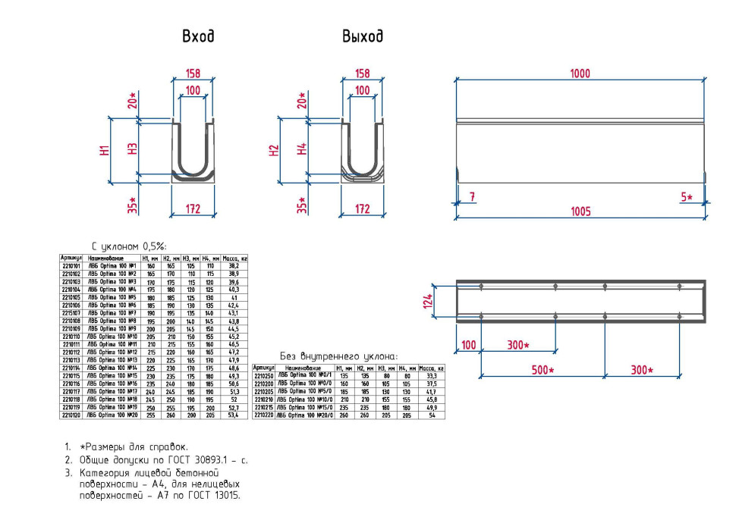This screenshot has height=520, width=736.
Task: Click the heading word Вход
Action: click(197, 36)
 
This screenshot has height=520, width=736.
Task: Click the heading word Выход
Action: click(362, 36)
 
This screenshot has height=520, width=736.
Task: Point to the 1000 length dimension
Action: click(580, 74)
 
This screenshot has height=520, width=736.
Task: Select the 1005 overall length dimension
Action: click(580, 211)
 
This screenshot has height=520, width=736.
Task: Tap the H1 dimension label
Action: click(105, 150)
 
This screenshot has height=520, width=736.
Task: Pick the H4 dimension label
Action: click(301, 150)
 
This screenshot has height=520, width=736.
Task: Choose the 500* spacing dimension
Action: click(541, 370)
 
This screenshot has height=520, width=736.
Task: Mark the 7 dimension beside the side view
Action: click(472, 197)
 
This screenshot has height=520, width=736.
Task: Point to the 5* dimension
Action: click(687, 197)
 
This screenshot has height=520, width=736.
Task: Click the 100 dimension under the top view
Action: click(468, 345)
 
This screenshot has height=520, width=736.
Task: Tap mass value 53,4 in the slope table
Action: click(234, 415)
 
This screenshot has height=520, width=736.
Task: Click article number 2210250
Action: click(263, 375)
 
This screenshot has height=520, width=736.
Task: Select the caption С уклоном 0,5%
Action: click(129, 246)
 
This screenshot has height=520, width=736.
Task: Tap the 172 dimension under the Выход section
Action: click(363, 208)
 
